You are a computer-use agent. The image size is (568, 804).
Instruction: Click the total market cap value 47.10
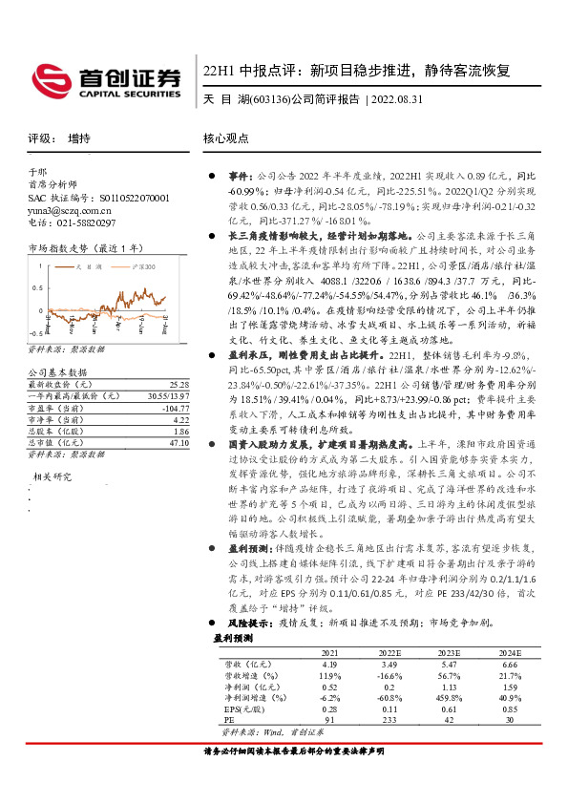(x=181, y=443)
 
